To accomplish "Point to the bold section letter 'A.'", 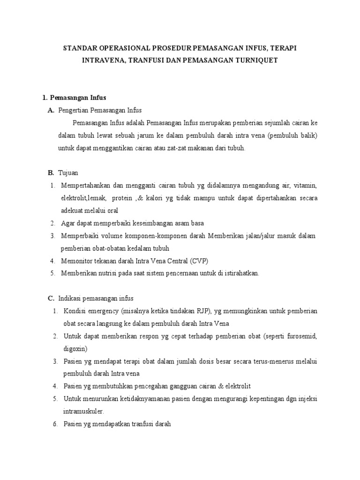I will click(52, 110).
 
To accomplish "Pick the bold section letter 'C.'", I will click(52, 298).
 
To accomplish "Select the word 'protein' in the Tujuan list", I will click(123, 198).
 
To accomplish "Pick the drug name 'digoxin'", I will click(74, 349).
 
